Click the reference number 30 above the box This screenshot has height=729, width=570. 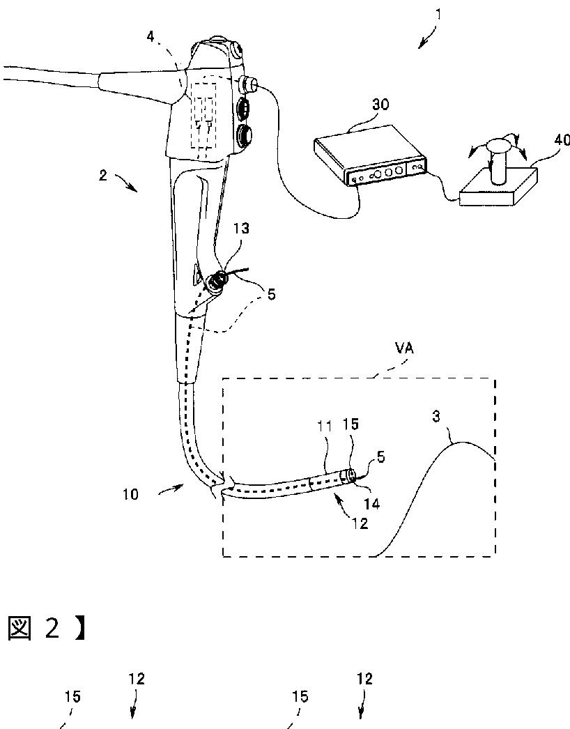[x=380, y=105]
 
